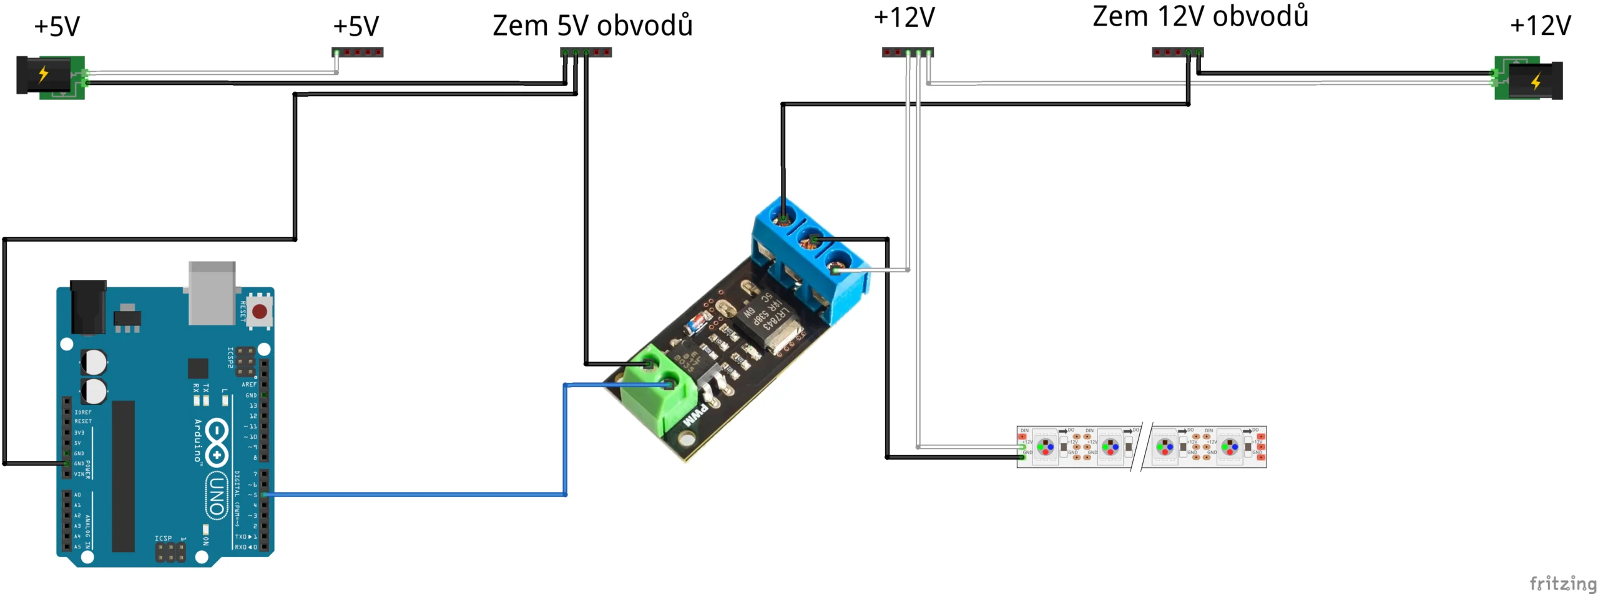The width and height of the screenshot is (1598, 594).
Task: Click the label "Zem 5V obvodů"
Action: click(592, 26)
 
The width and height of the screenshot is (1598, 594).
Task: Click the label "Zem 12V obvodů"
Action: click(1200, 17)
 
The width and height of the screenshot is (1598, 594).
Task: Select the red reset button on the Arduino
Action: click(260, 311)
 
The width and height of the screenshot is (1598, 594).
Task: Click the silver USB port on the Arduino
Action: click(212, 292)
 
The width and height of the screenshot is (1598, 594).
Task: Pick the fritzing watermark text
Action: click(1562, 583)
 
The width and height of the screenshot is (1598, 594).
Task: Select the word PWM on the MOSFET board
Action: click(695, 416)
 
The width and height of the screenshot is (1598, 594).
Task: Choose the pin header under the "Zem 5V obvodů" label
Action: click(586, 52)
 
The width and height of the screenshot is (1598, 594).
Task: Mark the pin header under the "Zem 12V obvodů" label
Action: click(1177, 52)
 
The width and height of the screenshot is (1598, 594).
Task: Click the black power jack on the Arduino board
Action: click(88, 307)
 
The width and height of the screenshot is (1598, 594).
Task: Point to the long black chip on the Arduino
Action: click(123, 476)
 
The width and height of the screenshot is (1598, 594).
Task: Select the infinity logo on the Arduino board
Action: click(217, 442)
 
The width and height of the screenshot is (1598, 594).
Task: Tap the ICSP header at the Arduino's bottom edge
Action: click(170, 552)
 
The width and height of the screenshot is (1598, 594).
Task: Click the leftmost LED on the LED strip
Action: click(1046, 447)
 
